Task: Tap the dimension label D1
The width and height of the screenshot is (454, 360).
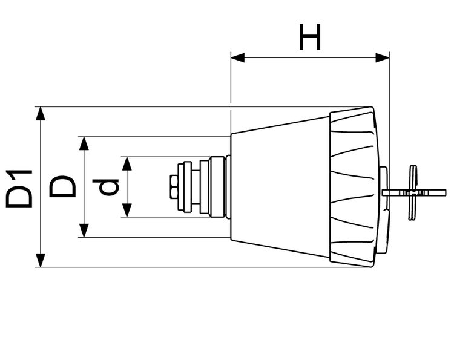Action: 19,188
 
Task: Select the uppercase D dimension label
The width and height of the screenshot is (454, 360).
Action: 62,187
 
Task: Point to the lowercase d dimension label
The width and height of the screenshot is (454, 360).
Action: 108,187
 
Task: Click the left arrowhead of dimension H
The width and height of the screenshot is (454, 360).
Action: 237,58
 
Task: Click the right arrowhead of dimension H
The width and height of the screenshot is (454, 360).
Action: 383,58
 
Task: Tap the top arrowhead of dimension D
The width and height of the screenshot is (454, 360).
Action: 84,143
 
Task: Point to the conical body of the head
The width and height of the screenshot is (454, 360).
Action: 278,187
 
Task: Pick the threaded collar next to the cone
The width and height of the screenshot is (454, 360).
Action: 215,187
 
